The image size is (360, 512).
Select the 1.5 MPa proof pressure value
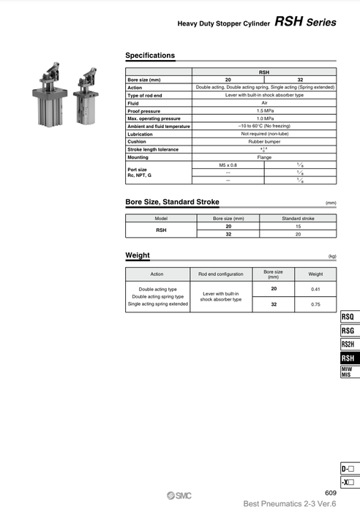click(265, 111)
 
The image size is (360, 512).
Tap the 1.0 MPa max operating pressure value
click(265, 118)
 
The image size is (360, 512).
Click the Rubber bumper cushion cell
click(265, 142)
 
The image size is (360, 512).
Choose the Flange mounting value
click(265, 157)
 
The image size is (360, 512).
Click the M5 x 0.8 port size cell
click(228, 165)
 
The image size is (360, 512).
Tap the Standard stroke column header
click(298, 218)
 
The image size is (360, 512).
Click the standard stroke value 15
click(298, 226)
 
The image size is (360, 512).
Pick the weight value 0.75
click(315, 304)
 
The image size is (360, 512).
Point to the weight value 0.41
click(315, 290)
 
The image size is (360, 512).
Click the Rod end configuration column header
click(220, 274)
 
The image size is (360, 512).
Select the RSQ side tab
click(348, 317)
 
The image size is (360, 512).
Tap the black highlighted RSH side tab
click(348, 358)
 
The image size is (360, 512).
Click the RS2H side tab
click(348, 345)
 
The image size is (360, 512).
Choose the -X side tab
click(348, 482)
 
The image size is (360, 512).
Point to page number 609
click(330, 493)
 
